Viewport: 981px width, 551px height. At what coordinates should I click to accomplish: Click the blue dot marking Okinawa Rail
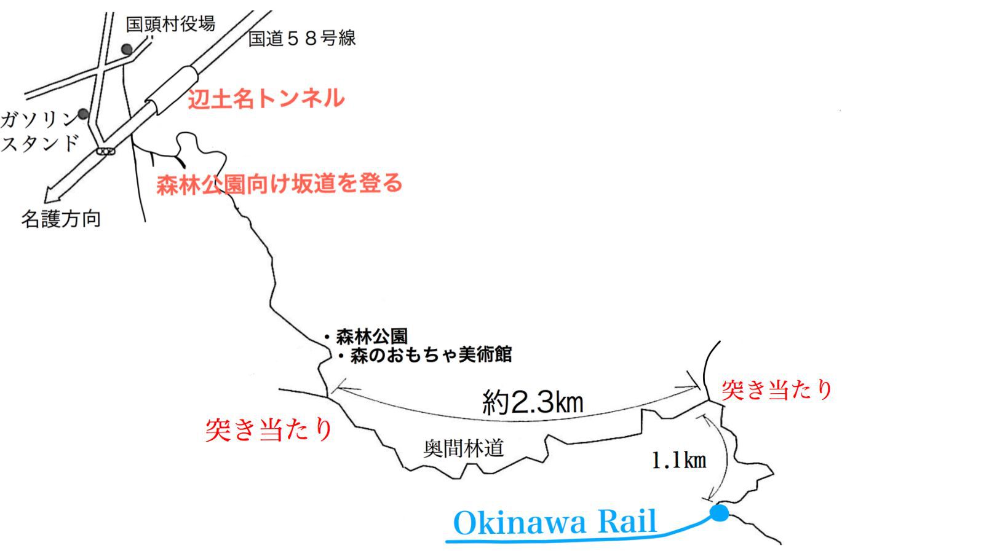coord(719,512)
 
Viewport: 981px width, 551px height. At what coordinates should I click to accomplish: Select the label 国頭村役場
coord(170,24)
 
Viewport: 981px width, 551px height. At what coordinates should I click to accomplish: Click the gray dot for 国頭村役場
coord(127,49)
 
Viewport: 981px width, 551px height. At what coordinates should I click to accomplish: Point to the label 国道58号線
coord(301,38)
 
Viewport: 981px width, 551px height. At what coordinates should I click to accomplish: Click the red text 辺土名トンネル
coord(266,98)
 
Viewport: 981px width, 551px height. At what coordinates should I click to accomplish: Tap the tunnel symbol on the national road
coord(172,90)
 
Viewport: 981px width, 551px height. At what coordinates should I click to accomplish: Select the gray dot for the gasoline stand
coord(83,114)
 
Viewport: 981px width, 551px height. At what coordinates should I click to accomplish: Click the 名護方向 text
coord(61,219)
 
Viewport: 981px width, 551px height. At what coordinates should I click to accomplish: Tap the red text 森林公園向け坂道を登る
coord(279,184)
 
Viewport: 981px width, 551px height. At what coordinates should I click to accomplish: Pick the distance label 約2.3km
coord(532,403)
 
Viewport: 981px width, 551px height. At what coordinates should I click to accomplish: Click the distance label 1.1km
coord(678,460)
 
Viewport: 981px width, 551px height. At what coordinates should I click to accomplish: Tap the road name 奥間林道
coord(464,448)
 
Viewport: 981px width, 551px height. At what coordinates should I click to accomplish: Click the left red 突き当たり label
coord(268,429)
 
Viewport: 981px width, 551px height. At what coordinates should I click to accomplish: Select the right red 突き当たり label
coord(777,389)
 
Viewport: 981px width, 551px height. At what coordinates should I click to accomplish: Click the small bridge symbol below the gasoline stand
coord(105,150)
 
